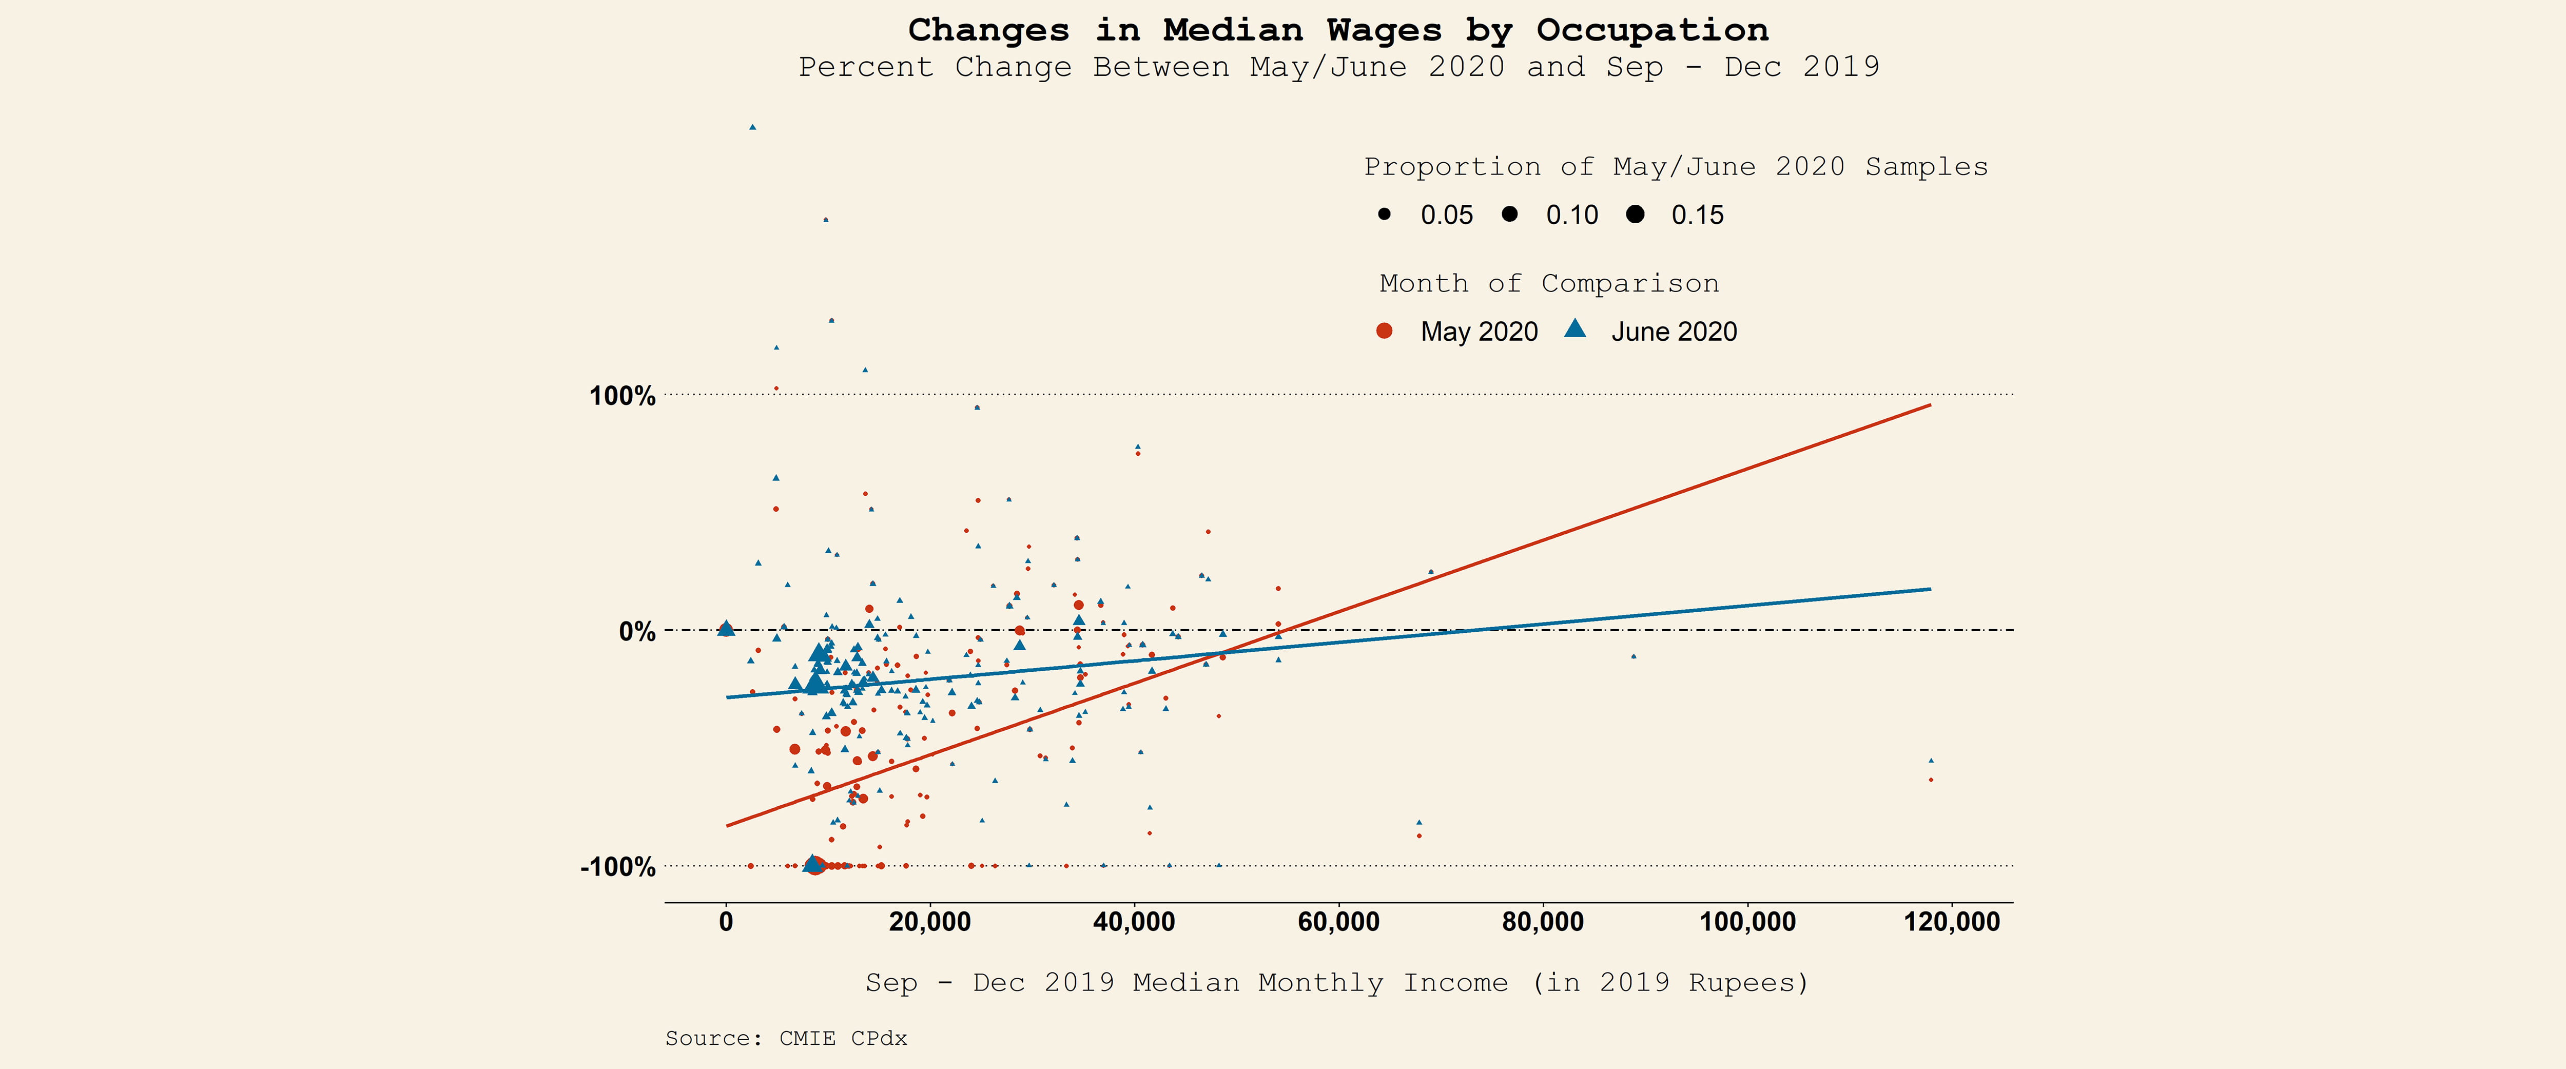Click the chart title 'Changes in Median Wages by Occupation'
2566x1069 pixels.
click(1338, 30)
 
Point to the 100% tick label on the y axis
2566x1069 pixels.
click(623, 397)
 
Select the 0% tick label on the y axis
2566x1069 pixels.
click(637, 632)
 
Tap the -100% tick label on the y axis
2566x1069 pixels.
click(617, 867)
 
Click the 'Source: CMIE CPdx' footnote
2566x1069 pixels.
click(786, 1038)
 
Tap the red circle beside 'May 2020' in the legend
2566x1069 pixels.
click(1384, 331)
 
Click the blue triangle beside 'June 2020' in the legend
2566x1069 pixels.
click(1575, 329)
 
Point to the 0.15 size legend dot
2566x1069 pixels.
click(1635, 214)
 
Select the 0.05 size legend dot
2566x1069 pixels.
click(1384, 214)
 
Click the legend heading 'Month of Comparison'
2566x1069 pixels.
click(1549, 284)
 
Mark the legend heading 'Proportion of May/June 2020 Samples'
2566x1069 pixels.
click(1676, 167)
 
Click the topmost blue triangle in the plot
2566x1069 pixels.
click(752, 127)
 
